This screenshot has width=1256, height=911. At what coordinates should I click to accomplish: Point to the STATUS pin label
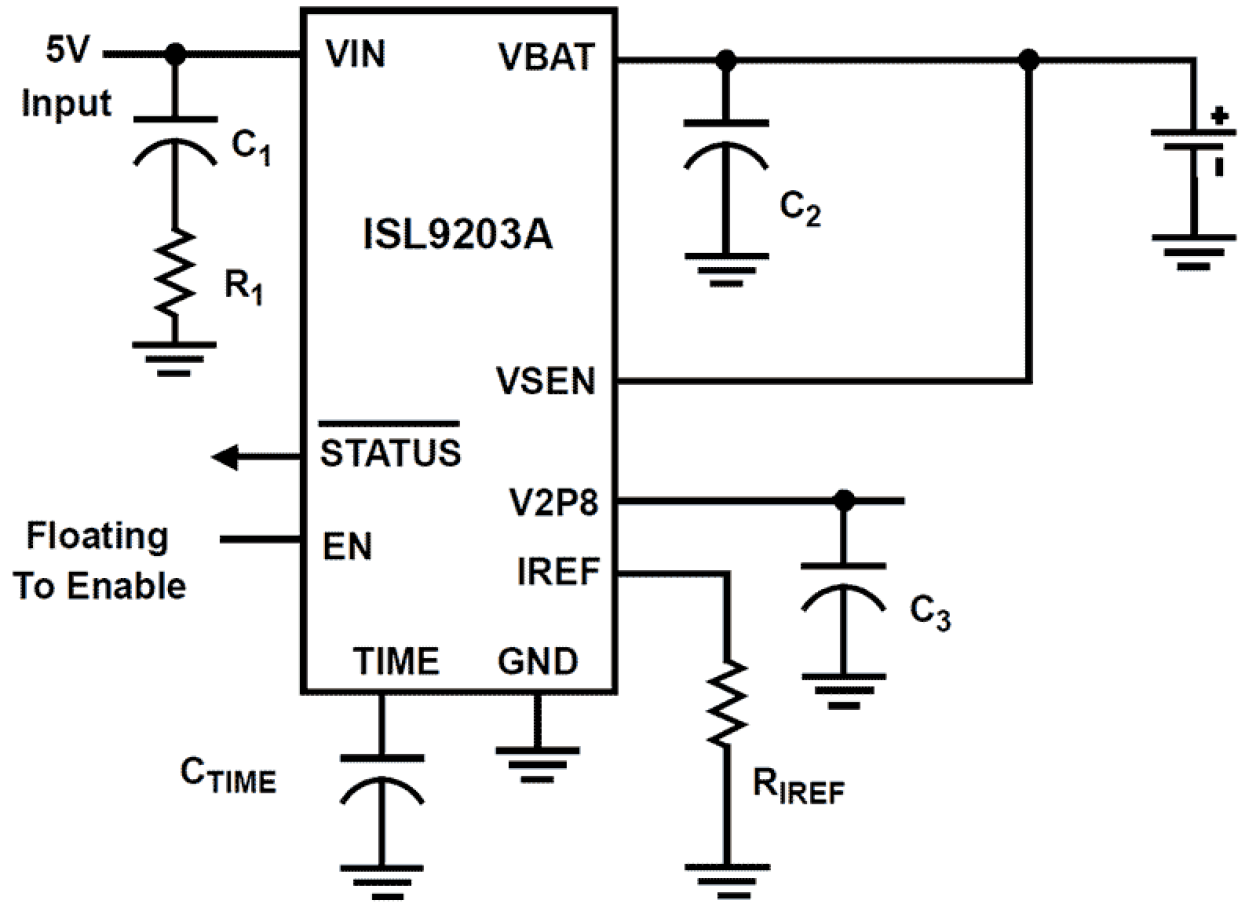click(390, 452)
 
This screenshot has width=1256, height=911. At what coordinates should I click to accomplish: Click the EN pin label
click(347, 547)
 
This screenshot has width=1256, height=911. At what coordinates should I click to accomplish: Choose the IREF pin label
click(557, 574)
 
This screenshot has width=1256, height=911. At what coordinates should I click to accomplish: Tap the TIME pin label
click(396, 661)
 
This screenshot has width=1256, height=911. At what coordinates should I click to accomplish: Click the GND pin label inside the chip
click(537, 661)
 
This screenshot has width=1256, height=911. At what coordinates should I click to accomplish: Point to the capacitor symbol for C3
click(844, 591)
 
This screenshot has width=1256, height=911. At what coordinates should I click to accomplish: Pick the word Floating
click(98, 537)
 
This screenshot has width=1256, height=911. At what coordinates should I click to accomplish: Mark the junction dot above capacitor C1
click(176, 54)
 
